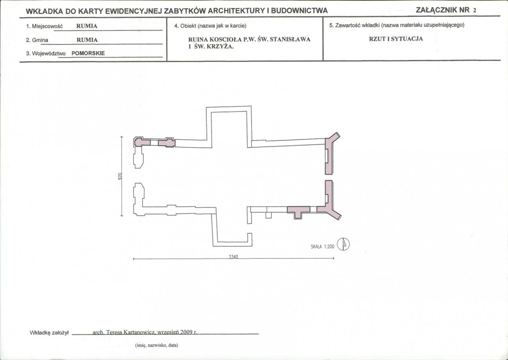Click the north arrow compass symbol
pyautogui.click(x=343, y=244)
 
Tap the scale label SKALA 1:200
pyautogui.click(x=322, y=247)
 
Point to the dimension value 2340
pyautogui.click(x=233, y=257)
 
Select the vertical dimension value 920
pyautogui.click(x=120, y=176)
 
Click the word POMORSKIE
pyautogui.click(x=88, y=53)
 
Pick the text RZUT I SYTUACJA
pyautogui.click(x=396, y=39)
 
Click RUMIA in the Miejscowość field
pyautogui.click(x=87, y=26)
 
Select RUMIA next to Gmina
pyautogui.click(x=87, y=40)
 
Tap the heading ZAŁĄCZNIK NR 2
pyautogui.click(x=446, y=10)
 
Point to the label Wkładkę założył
pyautogui.click(x=49, y=332)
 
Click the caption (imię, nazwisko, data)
pyautogui.click(x=156, y=346)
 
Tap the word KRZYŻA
pyautogui.click(x=222, y=46)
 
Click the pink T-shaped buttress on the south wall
pyautogui.click(x=299, y=212)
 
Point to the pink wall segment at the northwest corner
pyautogui.click(x=142, y=142)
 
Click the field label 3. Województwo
pyautogui.click(x=46, y=54)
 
